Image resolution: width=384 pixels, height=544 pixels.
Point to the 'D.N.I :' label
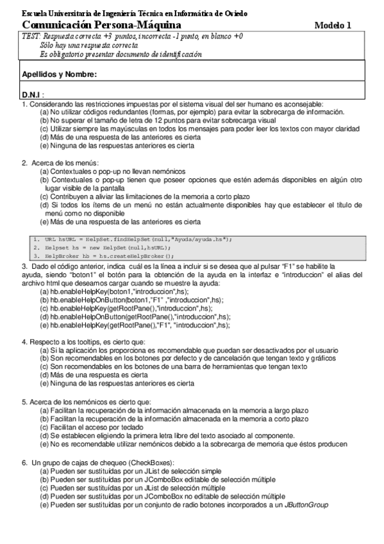coord(33,95)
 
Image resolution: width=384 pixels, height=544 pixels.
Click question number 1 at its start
coord(24,103)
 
